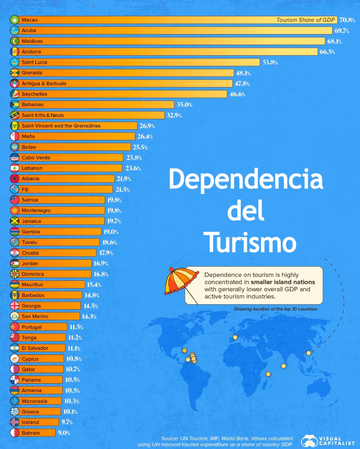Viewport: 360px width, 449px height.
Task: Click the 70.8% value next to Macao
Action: pos(347,20)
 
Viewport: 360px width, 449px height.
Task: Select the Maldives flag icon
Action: pos(14,41)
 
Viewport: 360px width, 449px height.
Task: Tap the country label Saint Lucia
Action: pos(34,62)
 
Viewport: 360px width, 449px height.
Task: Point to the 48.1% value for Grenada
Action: pos(243,73)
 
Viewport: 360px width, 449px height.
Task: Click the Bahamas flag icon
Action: pos(14,105)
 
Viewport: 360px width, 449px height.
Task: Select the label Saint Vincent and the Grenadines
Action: pos(61,126)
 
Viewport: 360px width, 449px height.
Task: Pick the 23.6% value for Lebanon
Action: pos(133,168)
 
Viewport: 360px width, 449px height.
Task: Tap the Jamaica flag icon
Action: pos(14,221)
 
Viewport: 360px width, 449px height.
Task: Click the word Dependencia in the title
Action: pos(246,179)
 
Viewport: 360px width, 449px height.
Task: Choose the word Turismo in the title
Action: pos(250,242)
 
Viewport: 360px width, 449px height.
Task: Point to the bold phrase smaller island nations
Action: pos(283,282)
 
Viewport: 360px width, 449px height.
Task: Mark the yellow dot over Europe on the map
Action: pos(235,337)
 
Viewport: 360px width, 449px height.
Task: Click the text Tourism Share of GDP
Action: pos(305,20)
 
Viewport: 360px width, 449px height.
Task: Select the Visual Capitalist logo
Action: pos(328,441)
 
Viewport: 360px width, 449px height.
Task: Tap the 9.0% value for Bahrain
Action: pos(64,433)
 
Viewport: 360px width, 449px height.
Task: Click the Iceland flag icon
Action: pos(14,422)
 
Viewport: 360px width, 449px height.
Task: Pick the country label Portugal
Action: pos(32,327)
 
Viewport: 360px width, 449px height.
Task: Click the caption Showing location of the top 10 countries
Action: pos(275,309)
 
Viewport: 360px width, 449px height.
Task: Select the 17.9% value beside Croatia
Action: pos(106,253)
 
